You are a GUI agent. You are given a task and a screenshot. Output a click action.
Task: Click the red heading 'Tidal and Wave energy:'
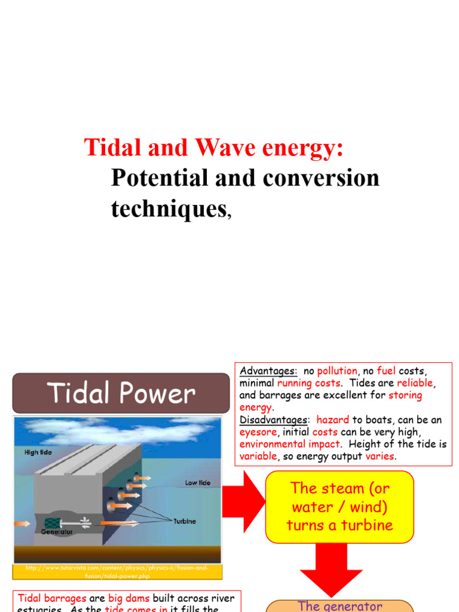(x=213, y=147)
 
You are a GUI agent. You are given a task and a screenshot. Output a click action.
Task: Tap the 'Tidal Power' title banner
(x=121, y=393)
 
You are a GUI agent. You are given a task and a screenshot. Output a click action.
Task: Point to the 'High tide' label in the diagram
(x=38, y=452)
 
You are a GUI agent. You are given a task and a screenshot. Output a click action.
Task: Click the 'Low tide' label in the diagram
(x=197, y=482)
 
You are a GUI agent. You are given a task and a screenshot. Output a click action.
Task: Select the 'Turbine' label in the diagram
(x=185, y=521)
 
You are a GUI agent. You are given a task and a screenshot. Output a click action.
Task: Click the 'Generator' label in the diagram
(x=57, y=531)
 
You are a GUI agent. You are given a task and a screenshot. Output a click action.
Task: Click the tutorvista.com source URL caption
(x=117, y=571)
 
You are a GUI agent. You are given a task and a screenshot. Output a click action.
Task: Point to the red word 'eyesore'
(x=258, y=432)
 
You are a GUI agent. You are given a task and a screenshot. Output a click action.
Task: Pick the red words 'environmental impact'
(x=290, y=445)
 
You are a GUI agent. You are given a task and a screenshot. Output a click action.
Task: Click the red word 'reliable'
(x=417, y=383)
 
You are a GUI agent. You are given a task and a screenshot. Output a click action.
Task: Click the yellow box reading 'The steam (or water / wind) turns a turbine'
(x=339, y=507)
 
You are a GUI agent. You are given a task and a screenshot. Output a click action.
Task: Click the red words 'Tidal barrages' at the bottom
(x=52, y=598)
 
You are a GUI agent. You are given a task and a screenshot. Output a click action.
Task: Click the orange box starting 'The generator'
(x=339, y=605)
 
